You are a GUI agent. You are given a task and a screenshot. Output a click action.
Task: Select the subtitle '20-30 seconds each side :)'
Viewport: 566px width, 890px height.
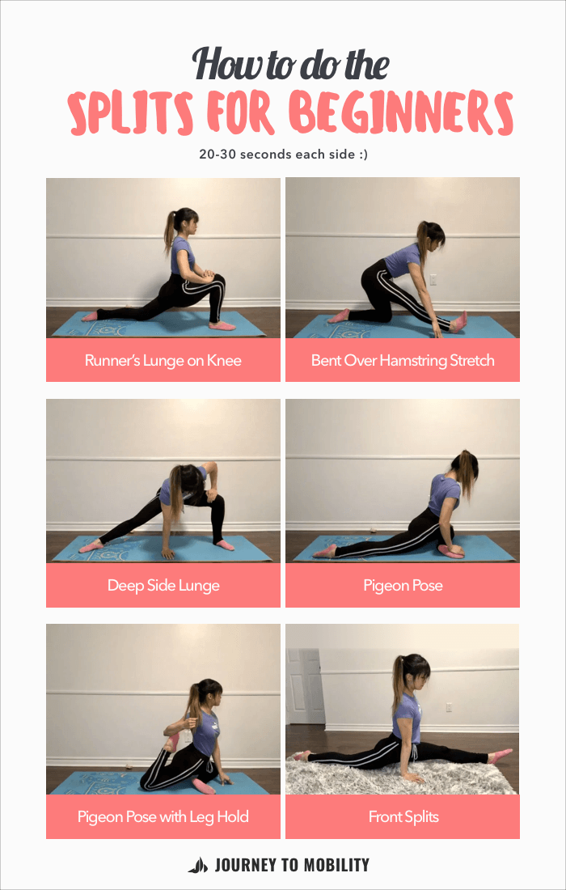click(283, 154)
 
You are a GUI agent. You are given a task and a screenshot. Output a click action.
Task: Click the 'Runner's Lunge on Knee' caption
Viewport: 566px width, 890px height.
click(163, 360)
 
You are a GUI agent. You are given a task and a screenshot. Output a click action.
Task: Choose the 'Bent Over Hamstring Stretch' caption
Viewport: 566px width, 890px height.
click(403, 360)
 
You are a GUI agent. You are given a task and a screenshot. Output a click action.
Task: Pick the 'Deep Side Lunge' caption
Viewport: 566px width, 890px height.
click(163, 585)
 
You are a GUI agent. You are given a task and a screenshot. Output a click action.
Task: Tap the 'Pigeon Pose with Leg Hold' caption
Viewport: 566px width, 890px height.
click(163, 816)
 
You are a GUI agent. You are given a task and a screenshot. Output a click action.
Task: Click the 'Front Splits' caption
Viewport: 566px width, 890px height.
click(403, 816)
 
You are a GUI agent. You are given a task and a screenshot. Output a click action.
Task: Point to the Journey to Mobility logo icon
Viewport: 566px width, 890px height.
click(197, 865)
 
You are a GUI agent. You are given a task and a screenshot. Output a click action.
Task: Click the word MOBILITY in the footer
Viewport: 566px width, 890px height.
click(332, 865)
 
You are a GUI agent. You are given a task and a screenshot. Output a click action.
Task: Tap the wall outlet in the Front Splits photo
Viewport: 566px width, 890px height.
click(449, 706)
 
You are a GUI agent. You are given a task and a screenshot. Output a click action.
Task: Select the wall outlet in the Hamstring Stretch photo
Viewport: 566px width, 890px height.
click(433, 280)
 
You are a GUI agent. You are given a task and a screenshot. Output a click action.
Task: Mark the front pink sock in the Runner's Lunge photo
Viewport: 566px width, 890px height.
click(221, 325)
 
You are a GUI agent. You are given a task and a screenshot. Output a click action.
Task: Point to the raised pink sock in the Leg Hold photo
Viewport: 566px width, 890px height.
click(171, 740)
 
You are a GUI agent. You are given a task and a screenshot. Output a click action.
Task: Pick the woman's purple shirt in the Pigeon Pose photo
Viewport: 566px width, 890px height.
click(443, 494)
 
